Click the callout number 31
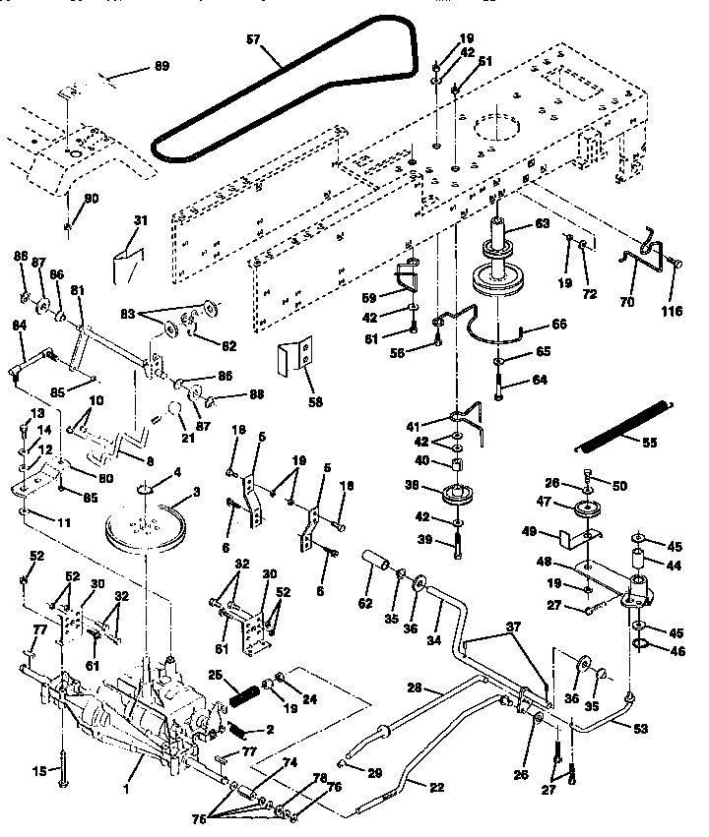(139, 220)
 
